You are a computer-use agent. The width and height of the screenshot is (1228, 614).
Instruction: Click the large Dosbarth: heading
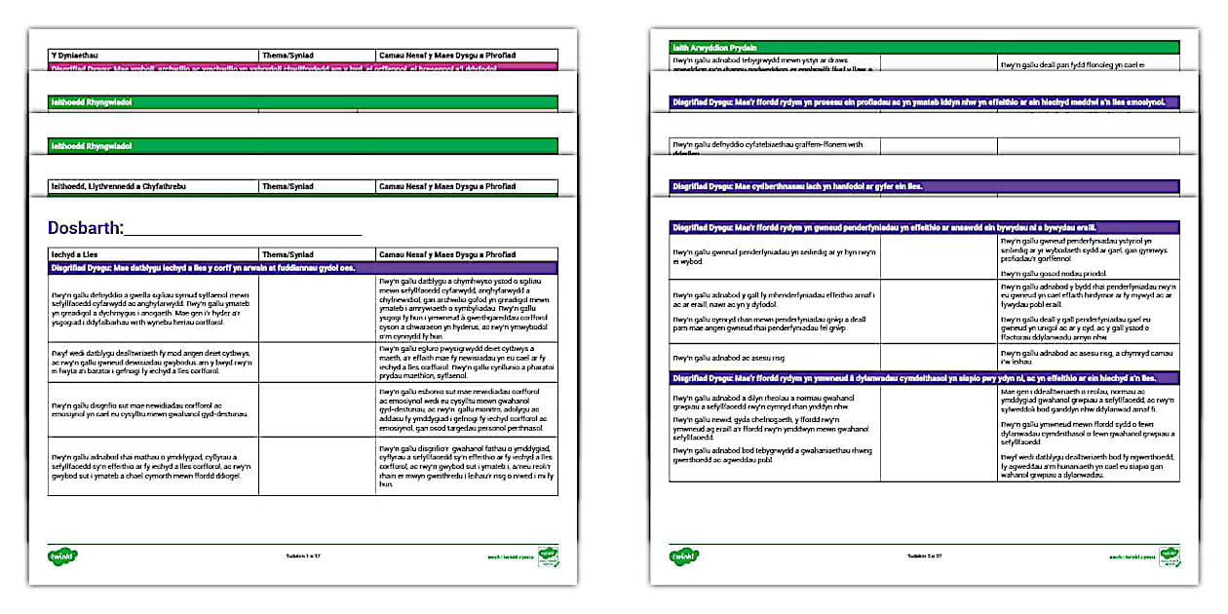pos(86,228)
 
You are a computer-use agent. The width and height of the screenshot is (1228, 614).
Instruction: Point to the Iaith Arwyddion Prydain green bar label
pos(715,47)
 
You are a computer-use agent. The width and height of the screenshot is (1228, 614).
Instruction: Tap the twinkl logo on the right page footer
pos(684,556)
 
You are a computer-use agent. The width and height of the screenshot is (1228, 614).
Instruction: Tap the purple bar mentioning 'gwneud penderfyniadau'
pos(923,227)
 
